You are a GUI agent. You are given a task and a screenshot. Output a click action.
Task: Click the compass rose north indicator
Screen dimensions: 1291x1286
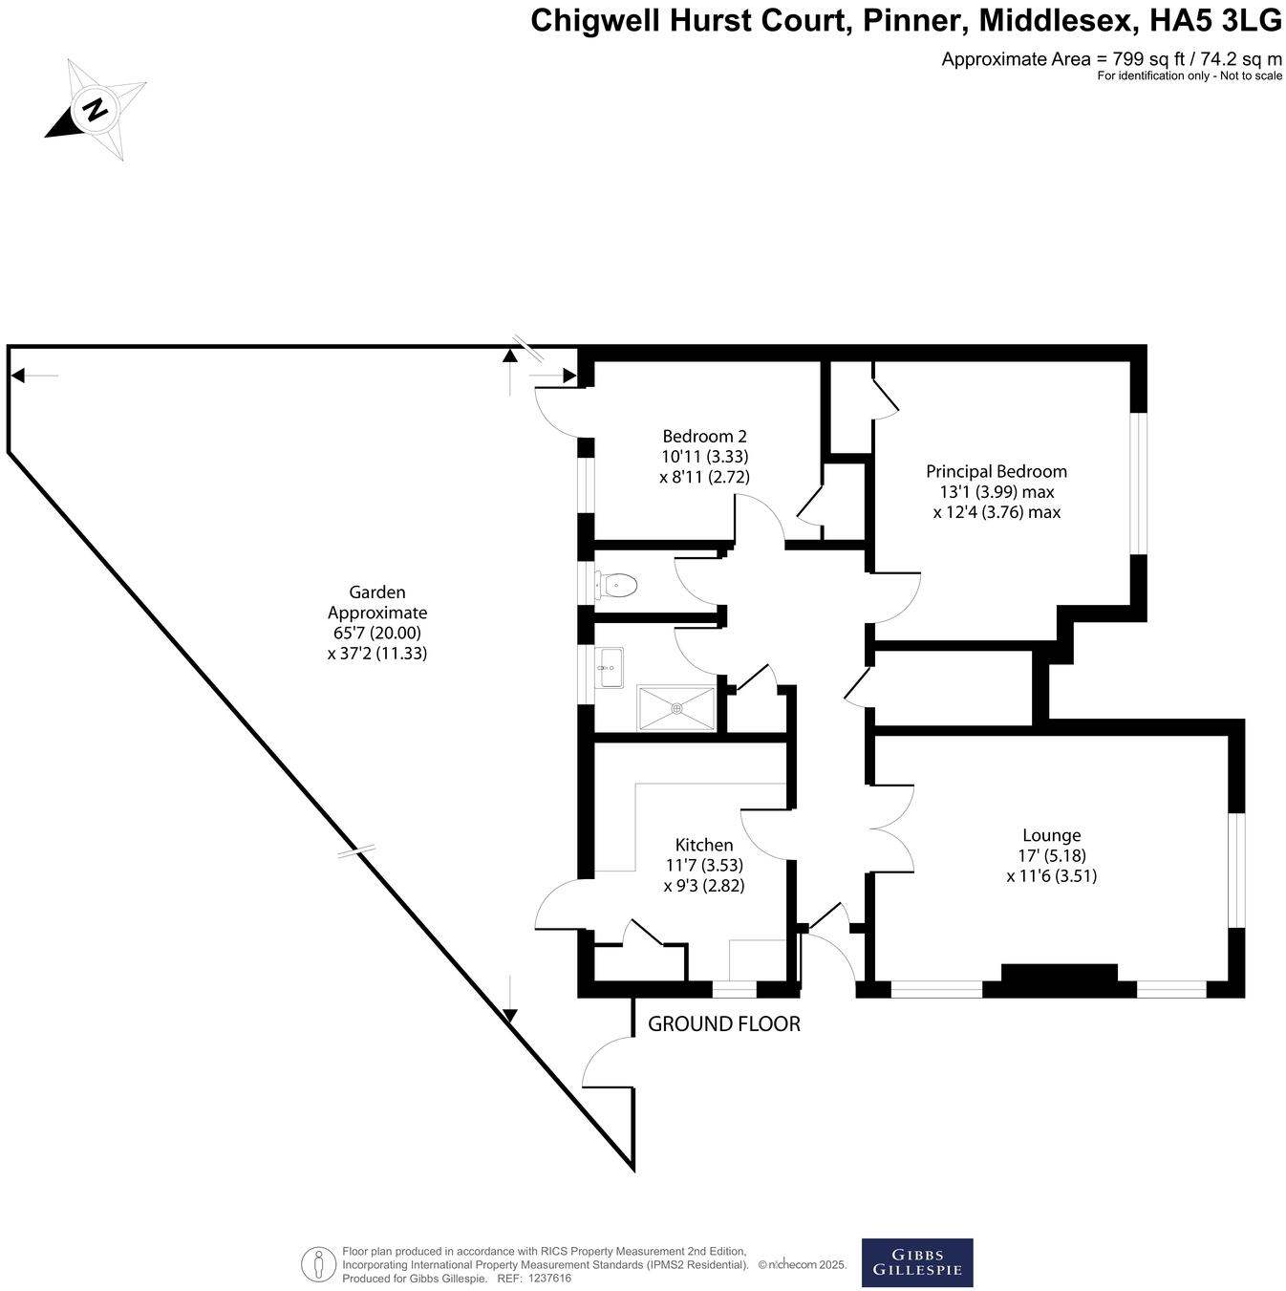pyautogui.click(x=95, y=109)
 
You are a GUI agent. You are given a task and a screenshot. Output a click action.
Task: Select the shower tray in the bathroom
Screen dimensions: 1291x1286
pyautogui.click(x=676, y=708)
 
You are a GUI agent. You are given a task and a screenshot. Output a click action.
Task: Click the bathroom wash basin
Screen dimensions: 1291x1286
pyautogui.click(x=609, y=667)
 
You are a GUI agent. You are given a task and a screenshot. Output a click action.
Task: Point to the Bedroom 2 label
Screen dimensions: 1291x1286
pyautogui.click(x=704, y=437)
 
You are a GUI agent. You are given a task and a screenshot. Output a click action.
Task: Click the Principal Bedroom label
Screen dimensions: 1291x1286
pyautogui.click(x=996, y=471)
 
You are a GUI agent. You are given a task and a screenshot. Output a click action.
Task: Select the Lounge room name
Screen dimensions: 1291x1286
pyautogui.click(x=1051, y=835)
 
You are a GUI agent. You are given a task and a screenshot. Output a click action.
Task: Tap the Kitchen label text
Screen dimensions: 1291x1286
pyautogui.click(x=704, y=845)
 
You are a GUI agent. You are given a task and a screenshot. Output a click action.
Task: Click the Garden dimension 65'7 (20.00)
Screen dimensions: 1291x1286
pyautogui.click(x=376, y=633)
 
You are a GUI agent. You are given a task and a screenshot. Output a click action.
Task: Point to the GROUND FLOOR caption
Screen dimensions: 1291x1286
pyautogui.click(x=723, y=1024)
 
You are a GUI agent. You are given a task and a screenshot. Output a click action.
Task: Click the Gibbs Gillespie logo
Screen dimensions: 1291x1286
pyautogui.click(x=916, y=1262)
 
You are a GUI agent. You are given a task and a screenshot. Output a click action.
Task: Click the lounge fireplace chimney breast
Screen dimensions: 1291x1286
pyautogui.click(x=1059, y=979)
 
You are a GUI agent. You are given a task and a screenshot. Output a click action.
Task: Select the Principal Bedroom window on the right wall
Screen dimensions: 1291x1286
pyautogui.click(x=1138, y=483)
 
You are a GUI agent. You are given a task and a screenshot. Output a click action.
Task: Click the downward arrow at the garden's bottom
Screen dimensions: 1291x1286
pyautogui.click(x=509, y=1016)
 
